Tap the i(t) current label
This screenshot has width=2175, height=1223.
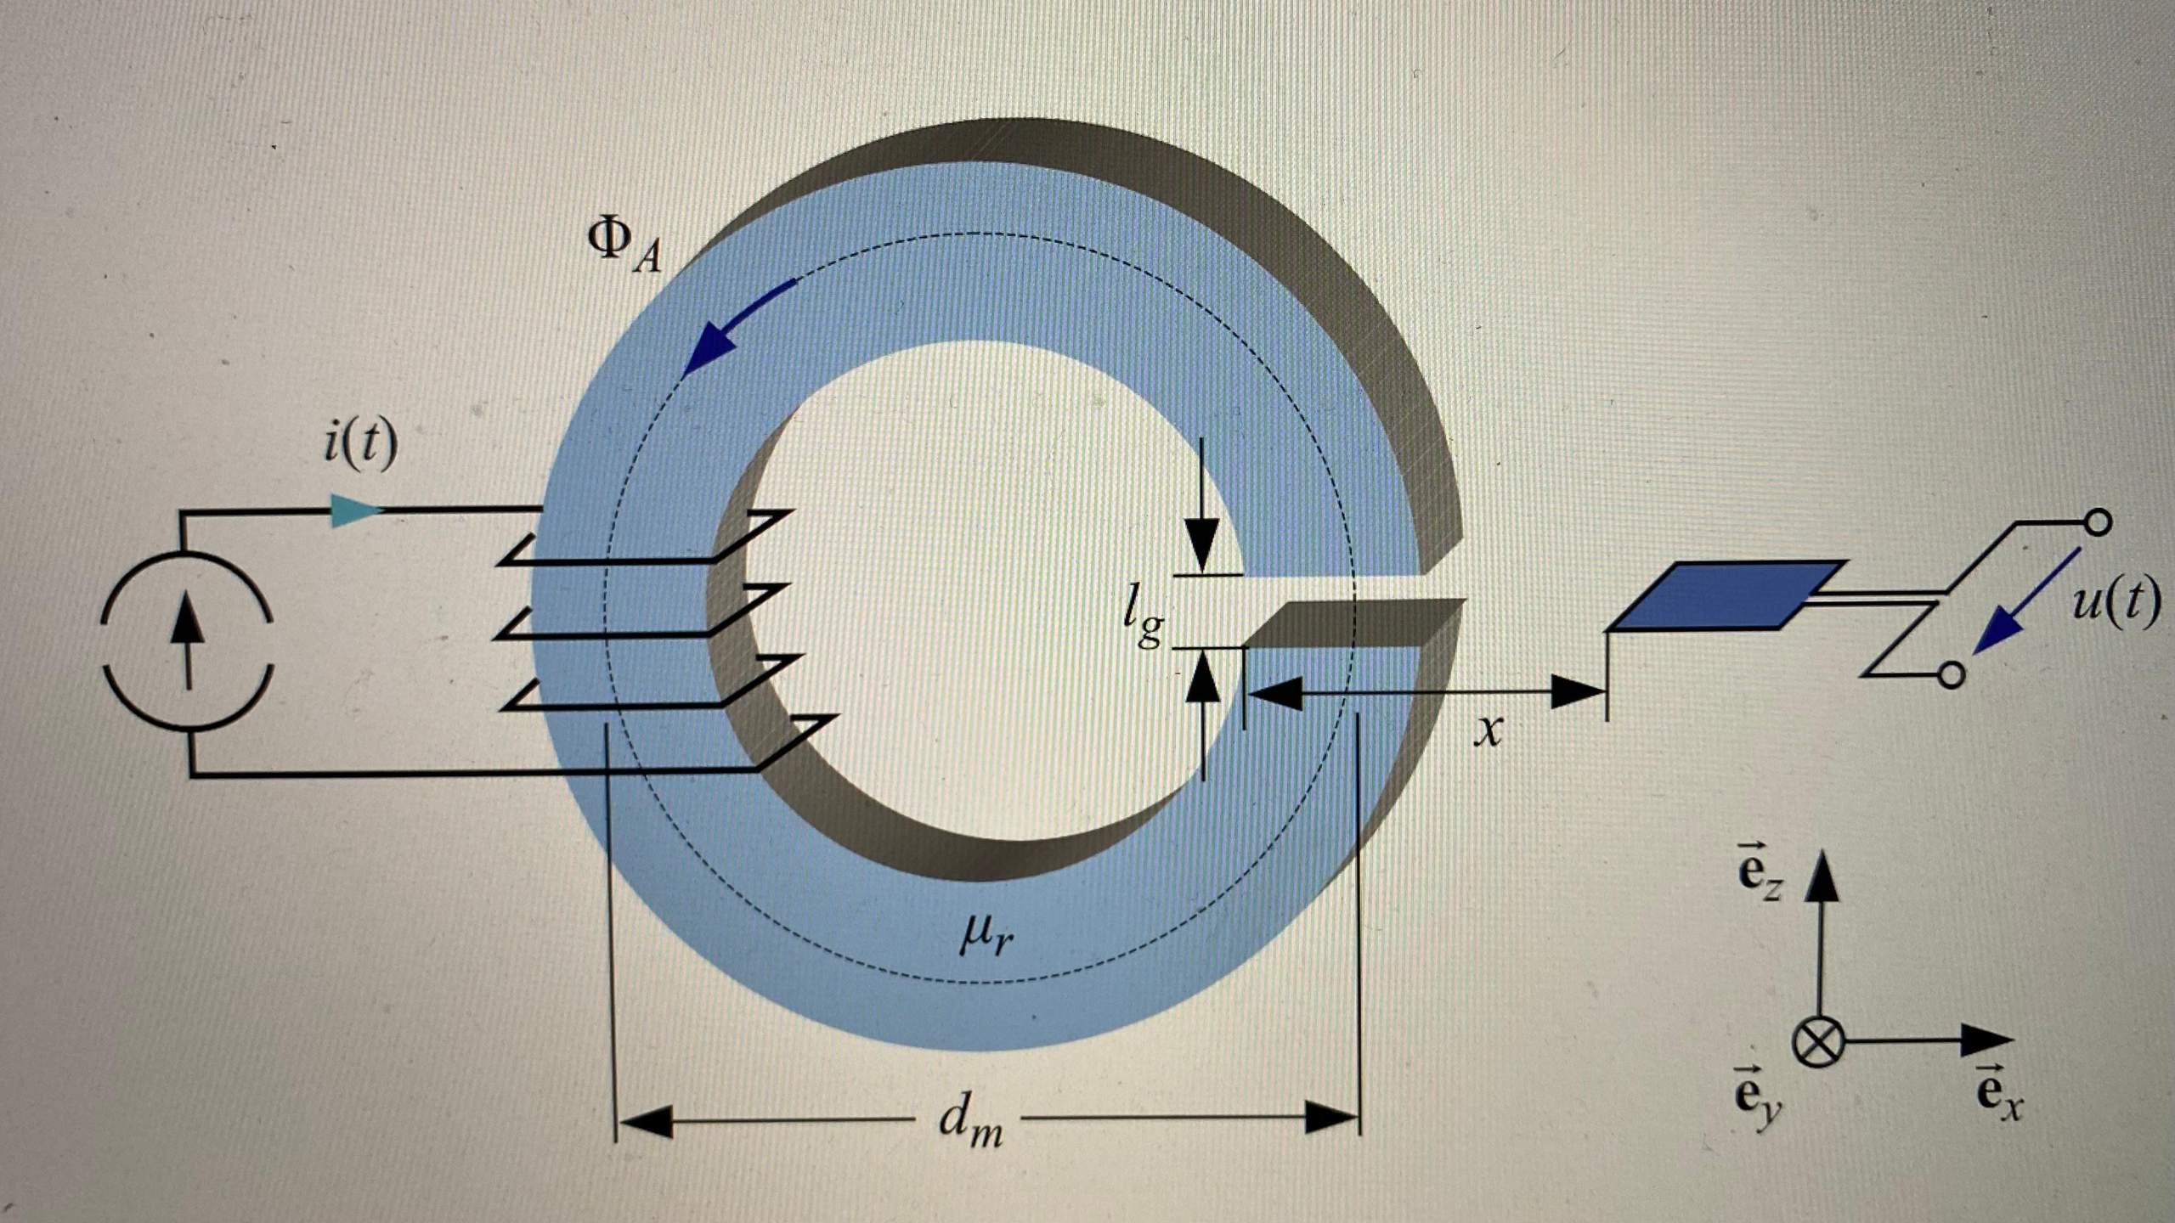[360, 442]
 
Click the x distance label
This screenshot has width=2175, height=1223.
[1488, 730]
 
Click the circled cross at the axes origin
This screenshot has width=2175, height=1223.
[1819, 1043]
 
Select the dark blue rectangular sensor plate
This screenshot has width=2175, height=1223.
[1725, 595]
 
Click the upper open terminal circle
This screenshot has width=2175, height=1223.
[2098, 522]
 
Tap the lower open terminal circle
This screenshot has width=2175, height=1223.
[1952, 675]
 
